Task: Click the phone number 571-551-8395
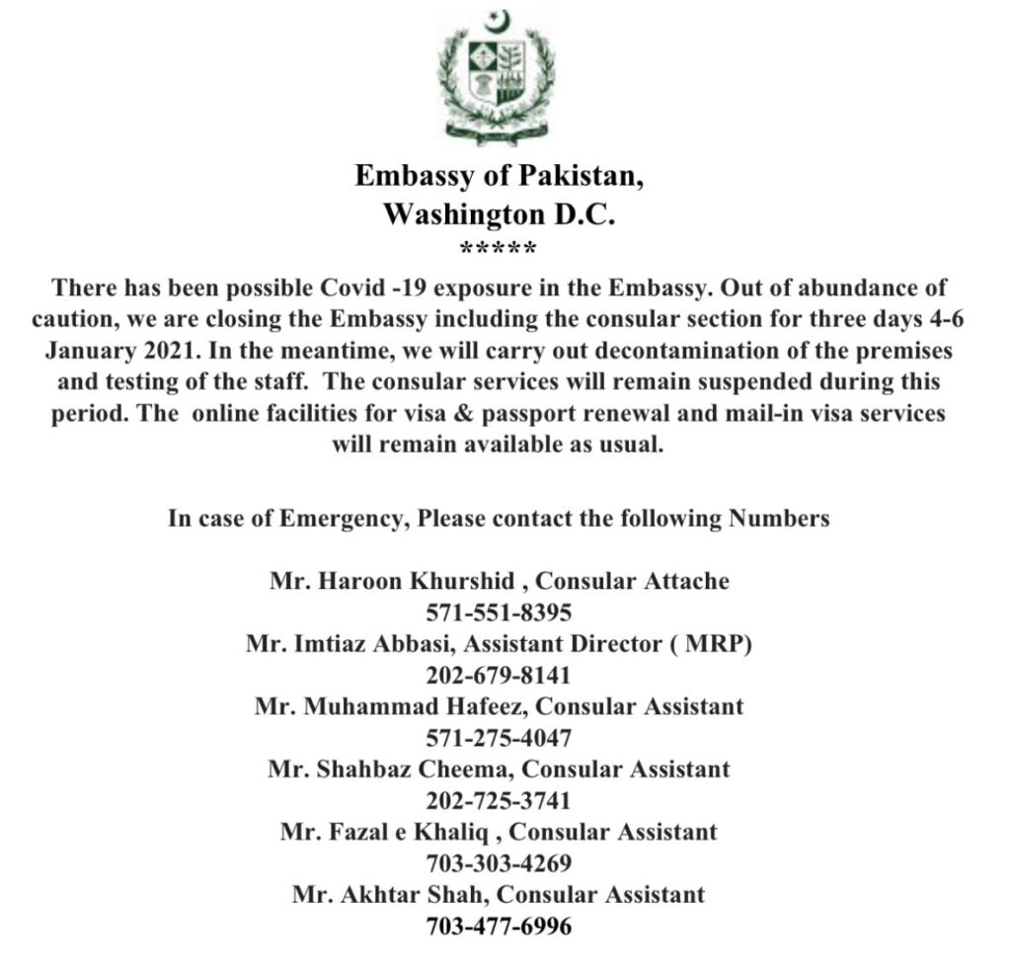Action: [x=499, y=612]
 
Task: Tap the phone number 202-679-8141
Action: [x=499, y=676]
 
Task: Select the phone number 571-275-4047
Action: [x=499, y=738]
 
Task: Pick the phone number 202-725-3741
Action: [x=499, y=800]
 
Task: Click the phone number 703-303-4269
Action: [x=499, y=863]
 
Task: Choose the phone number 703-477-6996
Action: [x=499, y=927]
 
